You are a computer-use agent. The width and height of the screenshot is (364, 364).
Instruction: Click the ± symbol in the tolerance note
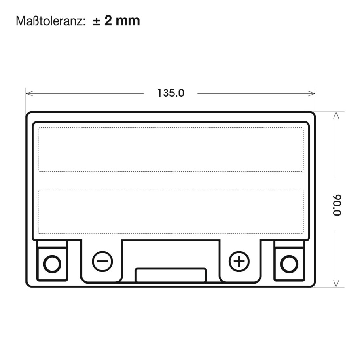click(97, 21)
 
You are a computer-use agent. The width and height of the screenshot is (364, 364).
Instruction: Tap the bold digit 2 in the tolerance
click(108, 20)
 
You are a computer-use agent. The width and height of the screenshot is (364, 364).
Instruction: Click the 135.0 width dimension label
click(171, 93)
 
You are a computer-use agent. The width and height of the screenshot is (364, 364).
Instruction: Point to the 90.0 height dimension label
click(337, 205)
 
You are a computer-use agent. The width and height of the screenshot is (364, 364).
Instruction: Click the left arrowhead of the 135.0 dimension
click(29, 93)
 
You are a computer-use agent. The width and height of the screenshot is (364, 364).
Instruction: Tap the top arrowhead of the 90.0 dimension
click(336, 115)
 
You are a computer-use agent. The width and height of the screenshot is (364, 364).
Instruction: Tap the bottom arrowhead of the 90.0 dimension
click(336, 284)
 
